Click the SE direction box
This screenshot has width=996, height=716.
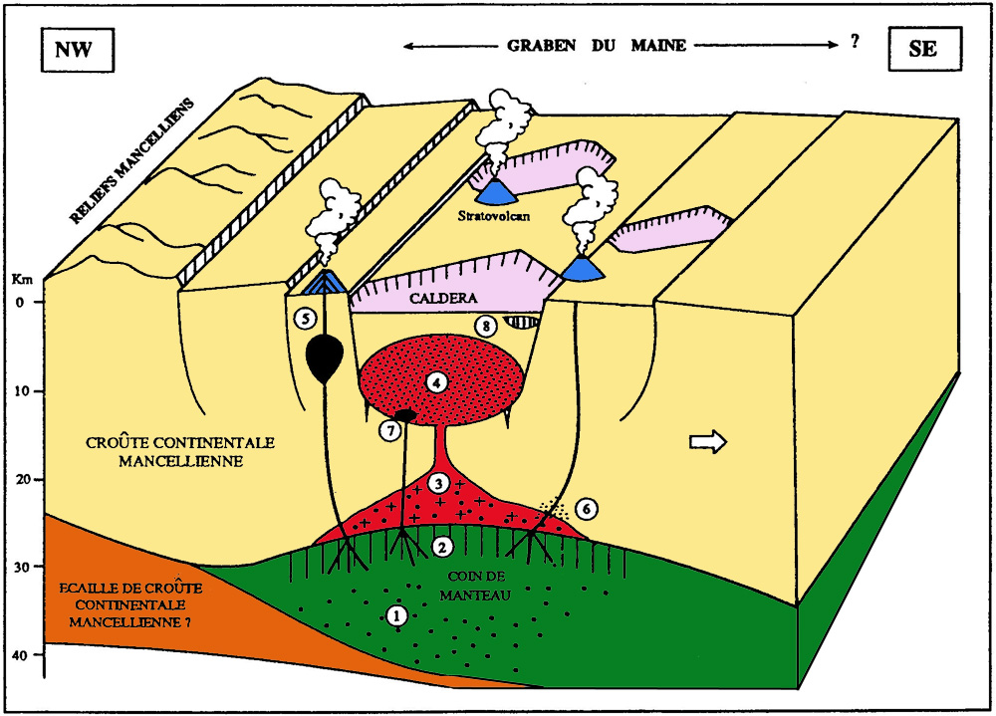click(x=922, y=49)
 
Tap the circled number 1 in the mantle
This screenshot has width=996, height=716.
click(x=397, y=615)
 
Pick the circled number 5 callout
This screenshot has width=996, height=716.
click(x=304, y=319)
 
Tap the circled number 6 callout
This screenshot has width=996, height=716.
click(x=587, y=508)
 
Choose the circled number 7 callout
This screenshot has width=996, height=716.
click(x=389, y=430)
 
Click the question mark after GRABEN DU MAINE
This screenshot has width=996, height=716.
click(x=854, y=46)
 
